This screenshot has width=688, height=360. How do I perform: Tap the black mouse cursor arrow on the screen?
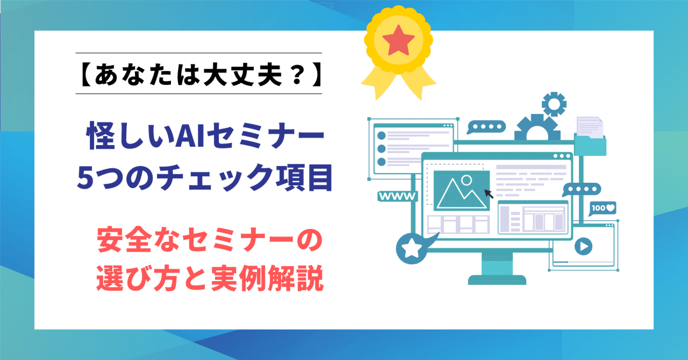tap(489, 193)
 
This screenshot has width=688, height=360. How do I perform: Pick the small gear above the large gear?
tap(554, 104)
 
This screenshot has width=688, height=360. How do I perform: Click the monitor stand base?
tap(496, 279)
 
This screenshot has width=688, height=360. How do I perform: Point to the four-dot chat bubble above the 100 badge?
tap(580, 190)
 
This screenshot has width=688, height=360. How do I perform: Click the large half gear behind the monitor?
tap(530, 129)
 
